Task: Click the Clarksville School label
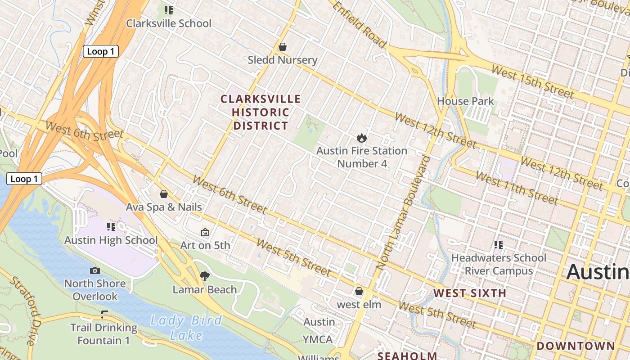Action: [x=168, y=23]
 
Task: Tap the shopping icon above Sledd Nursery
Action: [x=283, y=47]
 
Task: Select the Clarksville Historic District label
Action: [x=261, y=112]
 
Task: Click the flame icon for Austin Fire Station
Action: [x=361, y=138]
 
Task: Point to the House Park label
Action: [x=465, y=101]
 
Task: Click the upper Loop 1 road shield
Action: [x=100, y=51]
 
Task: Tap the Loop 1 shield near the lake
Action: [x=24, y=179]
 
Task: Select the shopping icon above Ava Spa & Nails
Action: [x=164, y=194]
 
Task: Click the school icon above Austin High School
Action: [x=111, y=226]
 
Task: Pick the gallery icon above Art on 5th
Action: [x=205, y=232]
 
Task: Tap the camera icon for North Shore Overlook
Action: [x=95, y=270]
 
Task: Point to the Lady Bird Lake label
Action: [x=186, y=328]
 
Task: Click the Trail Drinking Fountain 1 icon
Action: [x=104, y=314]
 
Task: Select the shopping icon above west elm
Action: [x=359, y=291]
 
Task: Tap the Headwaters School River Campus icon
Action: [x=499, y=245]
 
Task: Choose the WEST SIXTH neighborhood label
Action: [x=470, y=293]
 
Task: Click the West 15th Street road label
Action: [x=532, y=81]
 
